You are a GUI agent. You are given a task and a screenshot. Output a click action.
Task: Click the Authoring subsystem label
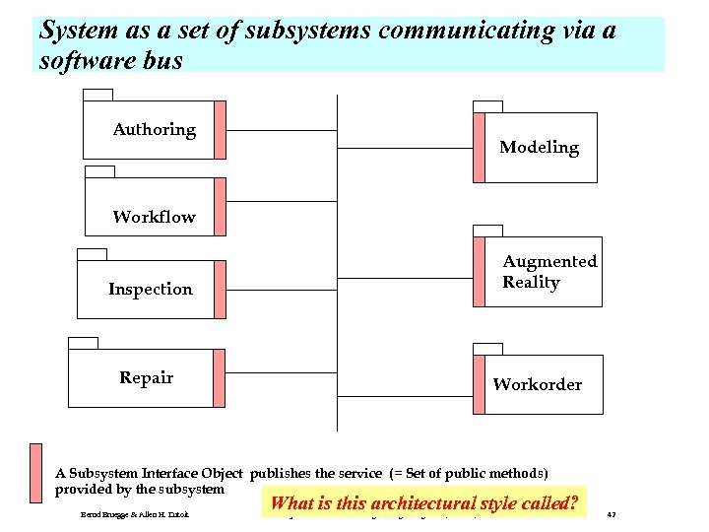pos(154,130)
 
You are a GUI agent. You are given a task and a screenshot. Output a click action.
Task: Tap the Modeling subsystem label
pos(539,148)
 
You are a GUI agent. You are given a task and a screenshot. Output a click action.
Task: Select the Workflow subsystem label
pos(154,217)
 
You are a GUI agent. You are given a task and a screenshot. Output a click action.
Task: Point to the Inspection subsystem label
pos(151,289)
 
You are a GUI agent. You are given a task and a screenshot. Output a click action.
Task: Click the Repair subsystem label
pos(146,377)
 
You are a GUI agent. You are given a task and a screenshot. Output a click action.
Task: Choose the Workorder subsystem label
pos(537,384)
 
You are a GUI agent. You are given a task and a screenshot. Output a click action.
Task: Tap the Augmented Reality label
pos(548,272)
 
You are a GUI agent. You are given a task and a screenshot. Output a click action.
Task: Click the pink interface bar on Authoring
pos(220,129)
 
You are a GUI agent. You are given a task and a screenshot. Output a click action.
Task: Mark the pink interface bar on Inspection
pos(220,289)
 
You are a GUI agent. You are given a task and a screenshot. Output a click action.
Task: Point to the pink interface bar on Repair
pos(220,377)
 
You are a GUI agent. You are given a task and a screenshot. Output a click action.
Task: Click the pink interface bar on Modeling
pos(479,147)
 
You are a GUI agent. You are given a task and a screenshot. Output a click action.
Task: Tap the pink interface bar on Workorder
pos(479,383)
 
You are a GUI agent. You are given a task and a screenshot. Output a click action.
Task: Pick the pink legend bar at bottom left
pos(35,473)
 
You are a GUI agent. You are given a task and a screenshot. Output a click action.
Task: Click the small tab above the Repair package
pos(83,343)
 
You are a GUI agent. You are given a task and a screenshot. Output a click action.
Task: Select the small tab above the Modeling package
pos(487,106)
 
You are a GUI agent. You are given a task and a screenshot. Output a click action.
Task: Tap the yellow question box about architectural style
pos(423,502)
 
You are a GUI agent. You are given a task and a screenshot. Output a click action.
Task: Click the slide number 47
pos(612,514)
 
